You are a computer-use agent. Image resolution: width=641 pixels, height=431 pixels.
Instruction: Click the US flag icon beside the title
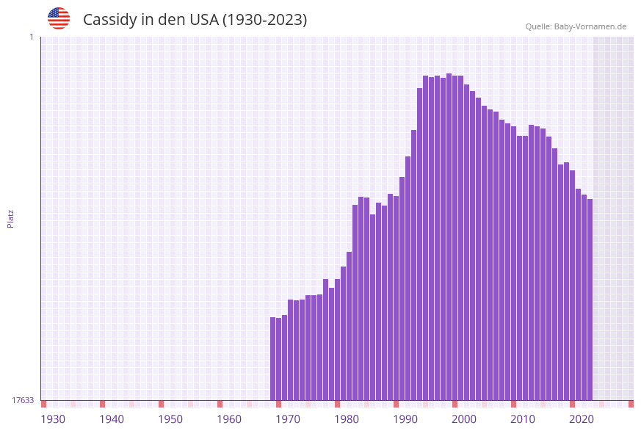pyautogui.click(x=59, y=18)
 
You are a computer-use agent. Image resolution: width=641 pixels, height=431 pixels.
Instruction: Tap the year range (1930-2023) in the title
pyautogui.click(x=265, y=20)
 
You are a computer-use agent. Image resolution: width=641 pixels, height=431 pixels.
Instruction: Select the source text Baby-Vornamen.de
pyautogui.click(x=590, y=26)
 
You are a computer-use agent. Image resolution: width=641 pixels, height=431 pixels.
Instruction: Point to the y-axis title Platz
pyautogui.click(x=11, y=218)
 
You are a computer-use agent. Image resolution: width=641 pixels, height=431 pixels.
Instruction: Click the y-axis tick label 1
pyautogui.click(x=31, y=37)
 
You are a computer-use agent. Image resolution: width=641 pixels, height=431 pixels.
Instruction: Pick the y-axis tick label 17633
pyautogui.click(x=23, y=400)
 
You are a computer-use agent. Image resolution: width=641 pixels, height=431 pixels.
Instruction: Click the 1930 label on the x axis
pyautogui.click(x=53, y=419)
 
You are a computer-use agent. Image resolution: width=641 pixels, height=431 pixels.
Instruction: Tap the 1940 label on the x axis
pyautogui.click(x=112, y=419)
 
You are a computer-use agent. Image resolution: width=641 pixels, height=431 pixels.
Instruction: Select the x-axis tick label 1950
pyautogui.click(x=170, y=419)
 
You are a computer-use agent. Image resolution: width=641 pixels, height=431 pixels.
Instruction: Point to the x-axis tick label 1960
pyautogui.click(x=229, y=419)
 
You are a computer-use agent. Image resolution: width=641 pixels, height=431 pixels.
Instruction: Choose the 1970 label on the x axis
pyautogui.click(x=288, y=419)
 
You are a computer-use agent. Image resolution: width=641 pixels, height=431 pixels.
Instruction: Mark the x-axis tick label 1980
pyautogui.click(x=347, y=419)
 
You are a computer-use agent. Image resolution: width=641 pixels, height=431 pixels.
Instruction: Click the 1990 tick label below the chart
pyautogui.click(x=405, y=419)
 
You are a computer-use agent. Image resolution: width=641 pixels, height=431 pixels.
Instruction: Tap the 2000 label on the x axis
pyautogui.click(x=464, y=419)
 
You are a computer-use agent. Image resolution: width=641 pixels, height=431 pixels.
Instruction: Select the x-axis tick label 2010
pyautogui.click(x=523, y=419)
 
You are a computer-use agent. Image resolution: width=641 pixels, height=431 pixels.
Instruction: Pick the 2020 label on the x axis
pyautogui.click(x=582, y=419)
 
